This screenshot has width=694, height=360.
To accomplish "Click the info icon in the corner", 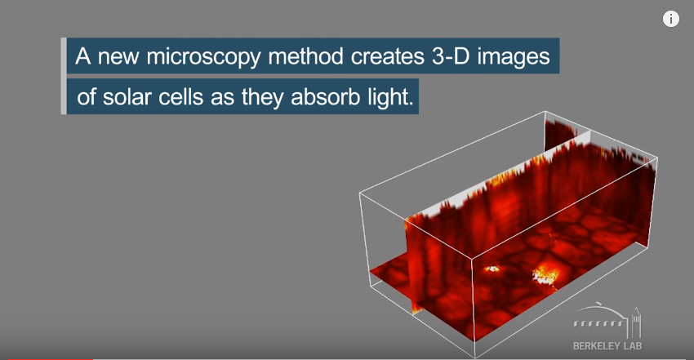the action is click(670, 19).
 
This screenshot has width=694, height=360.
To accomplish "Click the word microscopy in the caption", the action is click(203, 57).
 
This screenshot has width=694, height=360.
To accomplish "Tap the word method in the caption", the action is click(305, 56).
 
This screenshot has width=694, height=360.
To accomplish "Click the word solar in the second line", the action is click(127, 97).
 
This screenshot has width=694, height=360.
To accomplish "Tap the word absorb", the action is click(325, 97).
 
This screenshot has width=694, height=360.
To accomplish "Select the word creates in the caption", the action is click(387, 56).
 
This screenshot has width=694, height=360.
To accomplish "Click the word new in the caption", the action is click(118, 57).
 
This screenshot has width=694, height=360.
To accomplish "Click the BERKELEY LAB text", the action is click(607, 346).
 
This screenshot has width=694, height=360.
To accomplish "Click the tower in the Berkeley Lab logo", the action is click(637, 322).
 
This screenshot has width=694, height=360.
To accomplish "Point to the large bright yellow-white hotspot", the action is click(545, 274).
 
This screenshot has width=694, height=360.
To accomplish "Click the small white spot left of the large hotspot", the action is click(492, 268).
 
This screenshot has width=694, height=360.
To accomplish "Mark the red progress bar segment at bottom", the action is click(51, 358).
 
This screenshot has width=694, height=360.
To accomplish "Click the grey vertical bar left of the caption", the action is click(64, 76).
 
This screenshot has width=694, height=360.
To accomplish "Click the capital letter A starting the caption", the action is click(82, 56).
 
